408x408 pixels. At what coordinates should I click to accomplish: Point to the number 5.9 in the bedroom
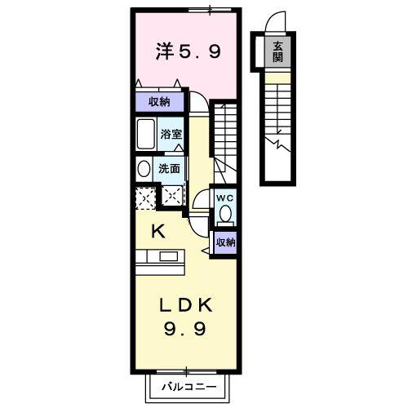[200, 53]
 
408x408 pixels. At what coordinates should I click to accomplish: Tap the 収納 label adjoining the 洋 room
[158, 101]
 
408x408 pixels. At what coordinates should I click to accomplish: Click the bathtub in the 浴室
[147, 134]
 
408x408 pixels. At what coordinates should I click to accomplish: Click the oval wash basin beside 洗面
[144, 169]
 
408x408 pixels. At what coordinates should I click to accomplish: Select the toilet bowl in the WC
[225, 215]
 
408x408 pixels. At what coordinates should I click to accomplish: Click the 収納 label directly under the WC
[225, 242]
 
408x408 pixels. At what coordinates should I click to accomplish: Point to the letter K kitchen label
[159, 231]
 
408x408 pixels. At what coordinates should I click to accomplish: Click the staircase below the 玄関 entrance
[279, 110]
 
